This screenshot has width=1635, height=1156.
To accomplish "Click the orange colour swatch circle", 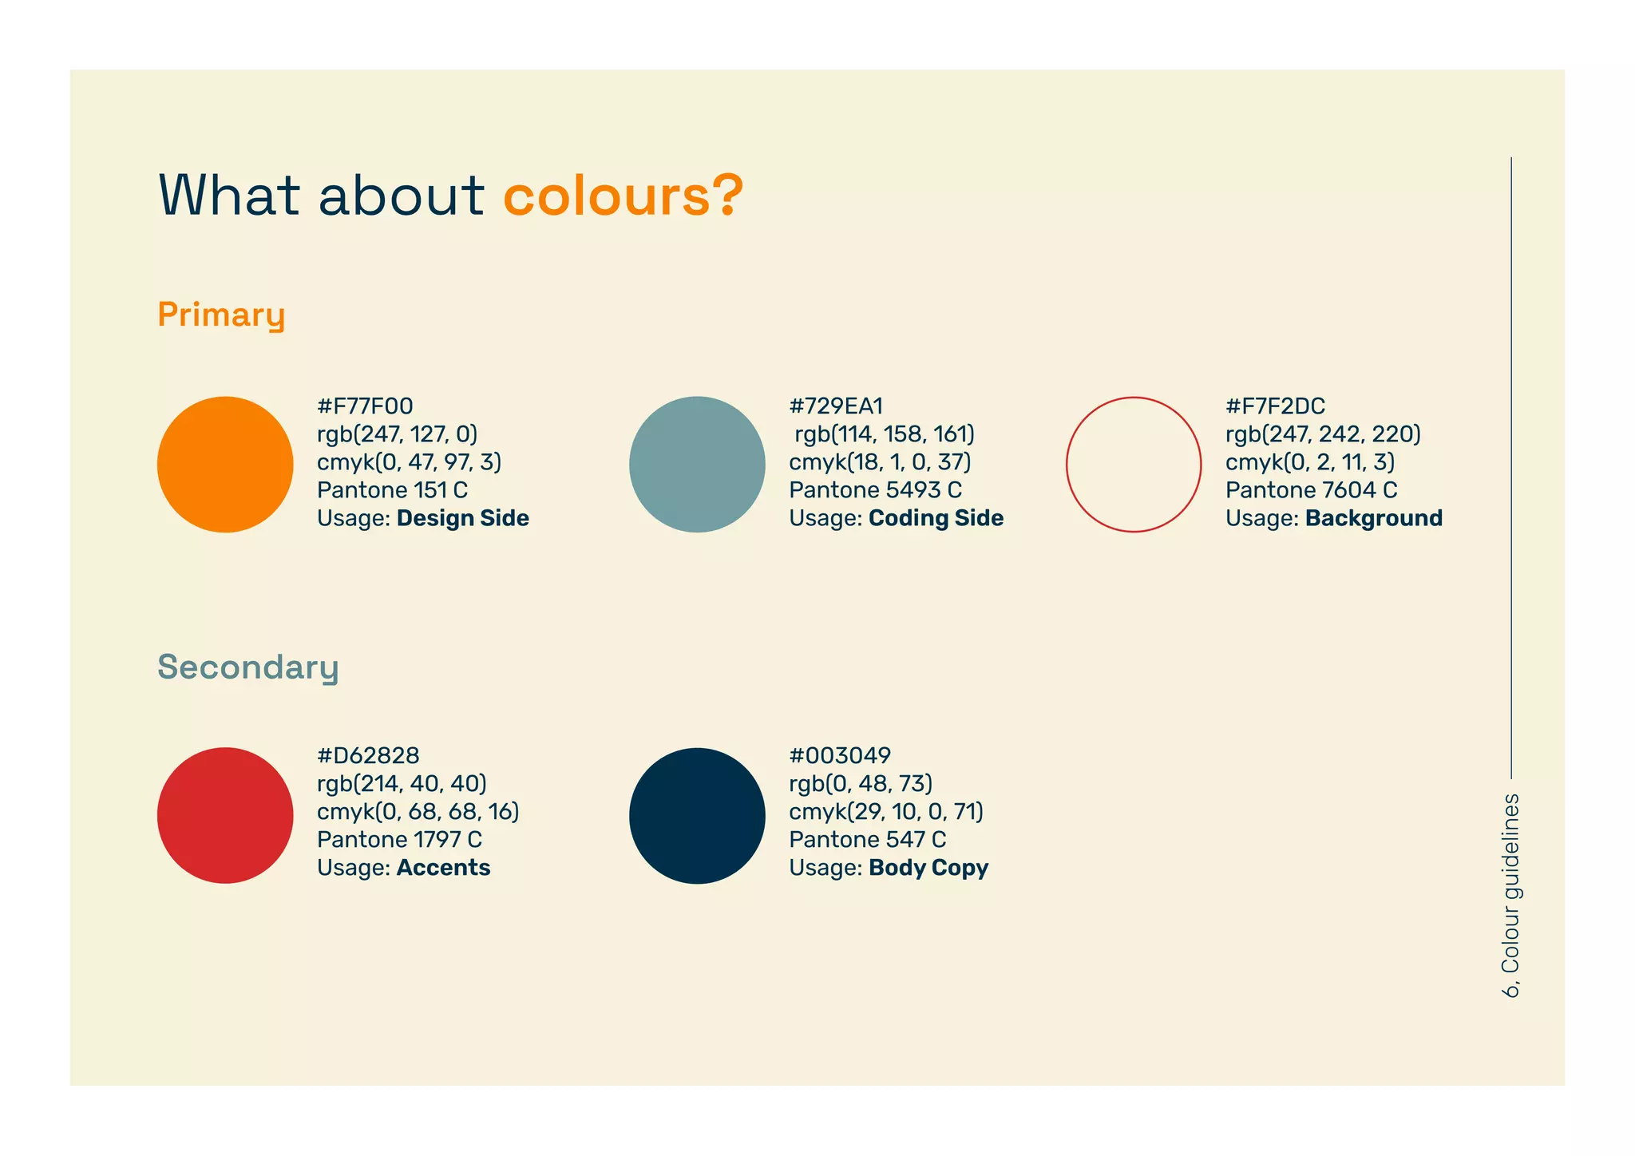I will pos(225,465).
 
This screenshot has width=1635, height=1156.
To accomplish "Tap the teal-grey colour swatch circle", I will pos(697,465).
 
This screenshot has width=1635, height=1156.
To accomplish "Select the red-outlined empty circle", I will pos(1134,465).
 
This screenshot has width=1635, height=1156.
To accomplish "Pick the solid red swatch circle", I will pos(225,815).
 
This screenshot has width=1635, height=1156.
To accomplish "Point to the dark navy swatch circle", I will pos(697,815).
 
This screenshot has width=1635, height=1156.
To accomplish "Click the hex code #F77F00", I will pos(365,406).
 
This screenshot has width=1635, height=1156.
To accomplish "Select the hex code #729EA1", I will pos(836,406).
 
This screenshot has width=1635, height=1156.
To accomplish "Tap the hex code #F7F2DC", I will pos(1275,406).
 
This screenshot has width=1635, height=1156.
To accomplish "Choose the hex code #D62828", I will pos(368,755).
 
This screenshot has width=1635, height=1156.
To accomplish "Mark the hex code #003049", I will pos(840,755).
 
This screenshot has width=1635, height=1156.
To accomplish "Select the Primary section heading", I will pos(221,315).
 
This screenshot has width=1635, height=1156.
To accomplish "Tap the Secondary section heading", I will pos(248,667).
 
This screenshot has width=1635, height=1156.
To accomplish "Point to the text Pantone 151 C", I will pos(392,490).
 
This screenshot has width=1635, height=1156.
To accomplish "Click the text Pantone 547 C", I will pos(868,840).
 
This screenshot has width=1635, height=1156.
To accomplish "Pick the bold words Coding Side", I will pos(936,518).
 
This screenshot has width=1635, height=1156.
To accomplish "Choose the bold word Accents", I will pos(443,868).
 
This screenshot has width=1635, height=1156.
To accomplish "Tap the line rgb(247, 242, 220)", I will pos(1323,434).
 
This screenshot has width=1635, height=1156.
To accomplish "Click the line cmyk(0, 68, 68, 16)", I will pos(418,812).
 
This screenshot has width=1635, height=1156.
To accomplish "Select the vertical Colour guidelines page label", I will pos(1511,895).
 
